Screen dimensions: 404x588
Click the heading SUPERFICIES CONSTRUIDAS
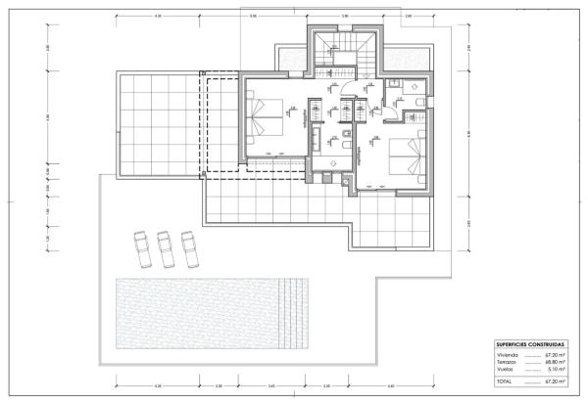click(529, 345)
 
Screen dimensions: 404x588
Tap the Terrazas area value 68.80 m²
click(557, 362)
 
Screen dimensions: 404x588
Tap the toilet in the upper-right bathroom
click(416, 100)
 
